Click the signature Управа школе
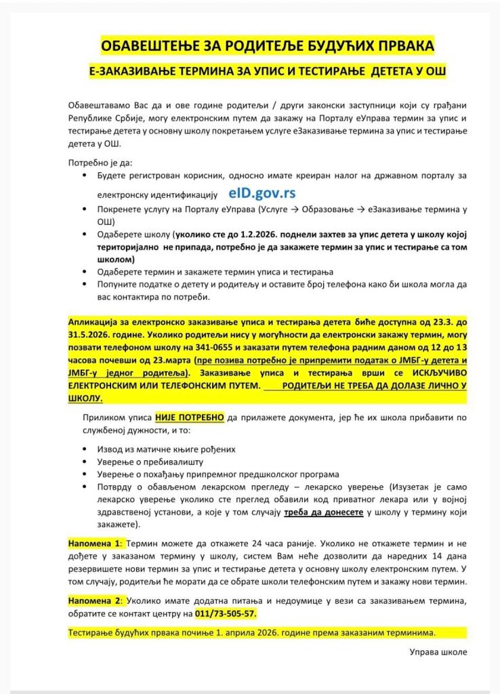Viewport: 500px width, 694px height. [x=438, y=652]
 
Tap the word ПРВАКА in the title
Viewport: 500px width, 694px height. [x=404, y=46]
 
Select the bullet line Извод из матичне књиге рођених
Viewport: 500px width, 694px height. [x=166, y=449]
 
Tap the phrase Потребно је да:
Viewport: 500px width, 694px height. [x=101, y=163]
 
